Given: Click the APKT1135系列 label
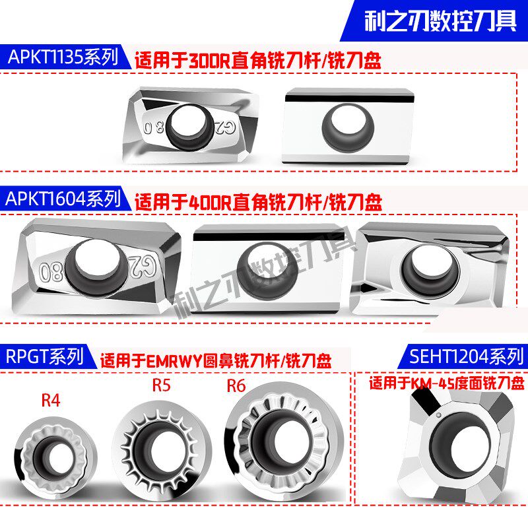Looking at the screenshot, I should pyautogui.click(x=63, y=58).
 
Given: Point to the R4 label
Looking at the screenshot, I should pyautogui.click(x=50, y=400).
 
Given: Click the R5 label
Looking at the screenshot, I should pyautogui.click(x=160, y=385).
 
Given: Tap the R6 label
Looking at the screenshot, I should pyautogui.click(x=236, y=385).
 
